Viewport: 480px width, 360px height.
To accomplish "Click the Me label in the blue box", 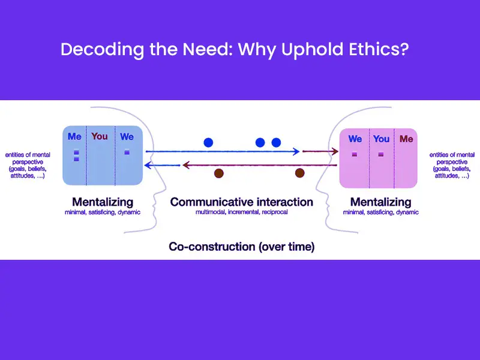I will pyautogui.click(x=74, y=137).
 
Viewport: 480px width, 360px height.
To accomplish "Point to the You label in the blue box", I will pyautogui.click(x=100, y=137).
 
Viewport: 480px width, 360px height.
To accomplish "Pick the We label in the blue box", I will pyautogui.click(x=127, y=137).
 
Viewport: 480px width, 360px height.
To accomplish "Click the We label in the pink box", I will pyautogui.click(x=355, y=139).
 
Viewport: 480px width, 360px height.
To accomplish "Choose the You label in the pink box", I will pyautogui.click(x=382, y=139).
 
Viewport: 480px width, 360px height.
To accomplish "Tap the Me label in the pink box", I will pyautogui.click(x=406, y=139).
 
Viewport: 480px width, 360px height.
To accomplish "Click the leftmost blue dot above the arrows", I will pyautogui.click(x=208, y=143).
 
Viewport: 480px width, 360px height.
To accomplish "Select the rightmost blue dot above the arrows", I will pyautogui.click(x=276, y=143).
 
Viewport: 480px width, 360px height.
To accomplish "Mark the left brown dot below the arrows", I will pyautogui.click(x=219, y=173).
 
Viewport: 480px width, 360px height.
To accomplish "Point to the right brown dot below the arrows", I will pyautogui.click(x=299, y=173).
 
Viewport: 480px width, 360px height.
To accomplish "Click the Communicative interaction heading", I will pyautogui.click(x=242, y=202).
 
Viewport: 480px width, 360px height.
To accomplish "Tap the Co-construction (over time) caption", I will pyautogui.click(x=242, y=247).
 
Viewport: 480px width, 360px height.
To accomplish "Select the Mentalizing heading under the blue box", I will pyautogui.click(x=103, y=202).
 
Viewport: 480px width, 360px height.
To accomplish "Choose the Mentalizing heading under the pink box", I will pyautogui.click(x=381, y=202).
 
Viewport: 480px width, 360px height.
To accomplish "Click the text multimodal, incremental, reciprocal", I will pyautogui.click(x=242, y=212).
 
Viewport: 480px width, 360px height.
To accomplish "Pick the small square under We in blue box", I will pyautogui.click(x=127, y=152).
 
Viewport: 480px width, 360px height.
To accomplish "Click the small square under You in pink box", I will pyautogui.click(x=380, y=155).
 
